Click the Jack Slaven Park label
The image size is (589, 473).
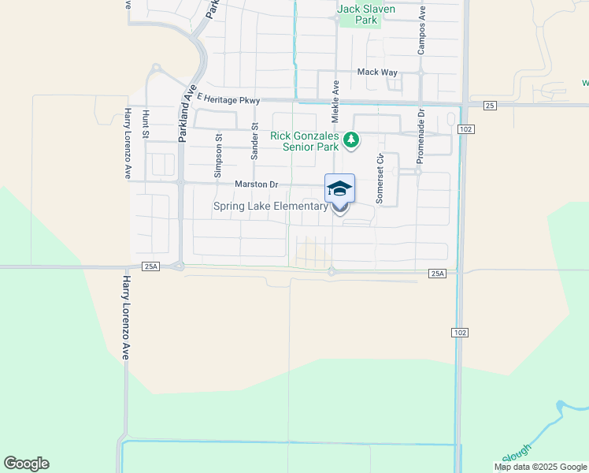tap(366, 14)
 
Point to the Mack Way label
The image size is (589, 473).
tap(377, 72)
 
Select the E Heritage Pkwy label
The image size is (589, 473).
tap(228, 99)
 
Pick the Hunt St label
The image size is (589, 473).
tap(146, 124)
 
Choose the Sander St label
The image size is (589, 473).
tap(254, 141)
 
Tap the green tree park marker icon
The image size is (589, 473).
tap(352, 141)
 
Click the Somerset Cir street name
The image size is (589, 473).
tap(380, 179)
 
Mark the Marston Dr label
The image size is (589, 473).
tap(257, 184)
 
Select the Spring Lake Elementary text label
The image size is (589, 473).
tap(270, 207)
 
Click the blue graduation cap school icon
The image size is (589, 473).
tap(339, 188)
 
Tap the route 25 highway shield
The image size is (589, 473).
tap(490, 105)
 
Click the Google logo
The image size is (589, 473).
tap(26, 464)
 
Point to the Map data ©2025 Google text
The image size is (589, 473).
tap(540, 467)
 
